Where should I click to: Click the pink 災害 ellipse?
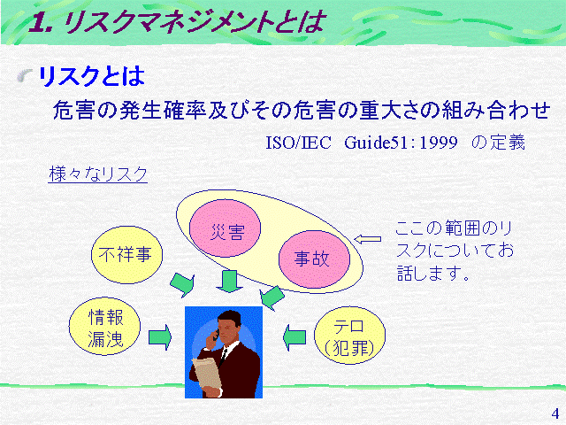(x=225, y=228)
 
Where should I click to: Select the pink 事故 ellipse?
(x=314, y=259)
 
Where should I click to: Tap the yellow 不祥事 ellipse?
(x=126, y=255)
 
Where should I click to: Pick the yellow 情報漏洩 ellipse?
(x=104, y=327)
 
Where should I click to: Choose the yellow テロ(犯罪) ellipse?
(x=350, y=336)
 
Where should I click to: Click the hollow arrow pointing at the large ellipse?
(x=368, y=239)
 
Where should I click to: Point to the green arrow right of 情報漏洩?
(x=160, y=337)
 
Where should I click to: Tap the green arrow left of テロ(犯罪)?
(x=294, y=337)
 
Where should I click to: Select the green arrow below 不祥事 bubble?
(x=183, y=285)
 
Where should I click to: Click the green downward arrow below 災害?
(x=229, y=282)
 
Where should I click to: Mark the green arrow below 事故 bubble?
(x=272, y=297)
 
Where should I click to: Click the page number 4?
(x=555, y=413)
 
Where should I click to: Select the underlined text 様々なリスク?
(x=98, y=174)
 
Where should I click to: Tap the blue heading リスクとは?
(x=91, y=76)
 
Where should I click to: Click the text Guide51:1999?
(x=401, y=142)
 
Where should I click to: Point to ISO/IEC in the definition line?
(x=298, y=143)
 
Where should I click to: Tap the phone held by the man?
(x=216, y=335)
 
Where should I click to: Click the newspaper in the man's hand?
(x=207, y=374)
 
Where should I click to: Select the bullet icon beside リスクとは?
(x=24, y=75)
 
